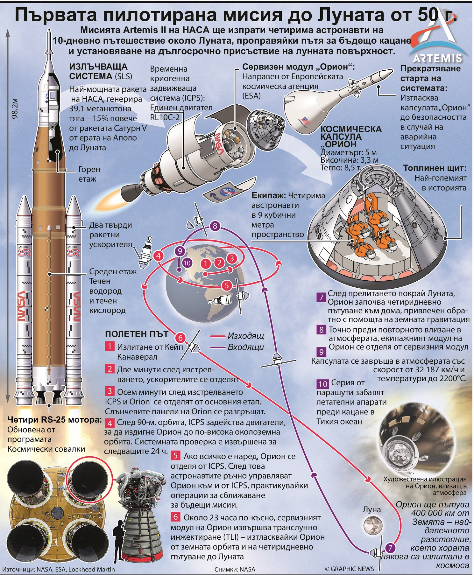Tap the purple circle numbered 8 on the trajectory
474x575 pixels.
click(x=215, y=226)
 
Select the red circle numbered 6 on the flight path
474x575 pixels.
click(x=180, y=338)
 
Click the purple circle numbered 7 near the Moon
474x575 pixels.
click(x=390, y=548)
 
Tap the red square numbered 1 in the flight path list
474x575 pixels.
click(x=110, y=346)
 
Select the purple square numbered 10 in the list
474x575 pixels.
click(x=322, y=384)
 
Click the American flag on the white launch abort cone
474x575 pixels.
click(x=306, y=121)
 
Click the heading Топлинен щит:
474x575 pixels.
click(x=435, y=168)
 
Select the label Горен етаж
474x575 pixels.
click(x=89, y=174)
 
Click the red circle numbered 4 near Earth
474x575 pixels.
click(x=158, y=256)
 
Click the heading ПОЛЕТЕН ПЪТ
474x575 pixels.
click(x=137, y=334)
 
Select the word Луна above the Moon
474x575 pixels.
click(x=371, y=509)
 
